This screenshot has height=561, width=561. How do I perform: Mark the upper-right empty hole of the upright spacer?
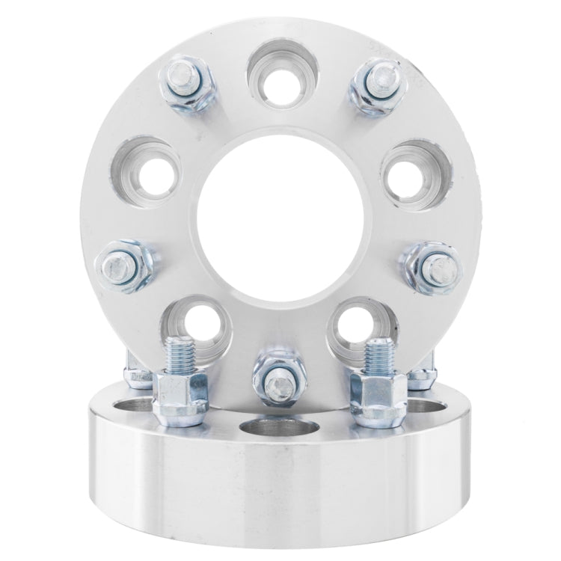pos(412,165)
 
